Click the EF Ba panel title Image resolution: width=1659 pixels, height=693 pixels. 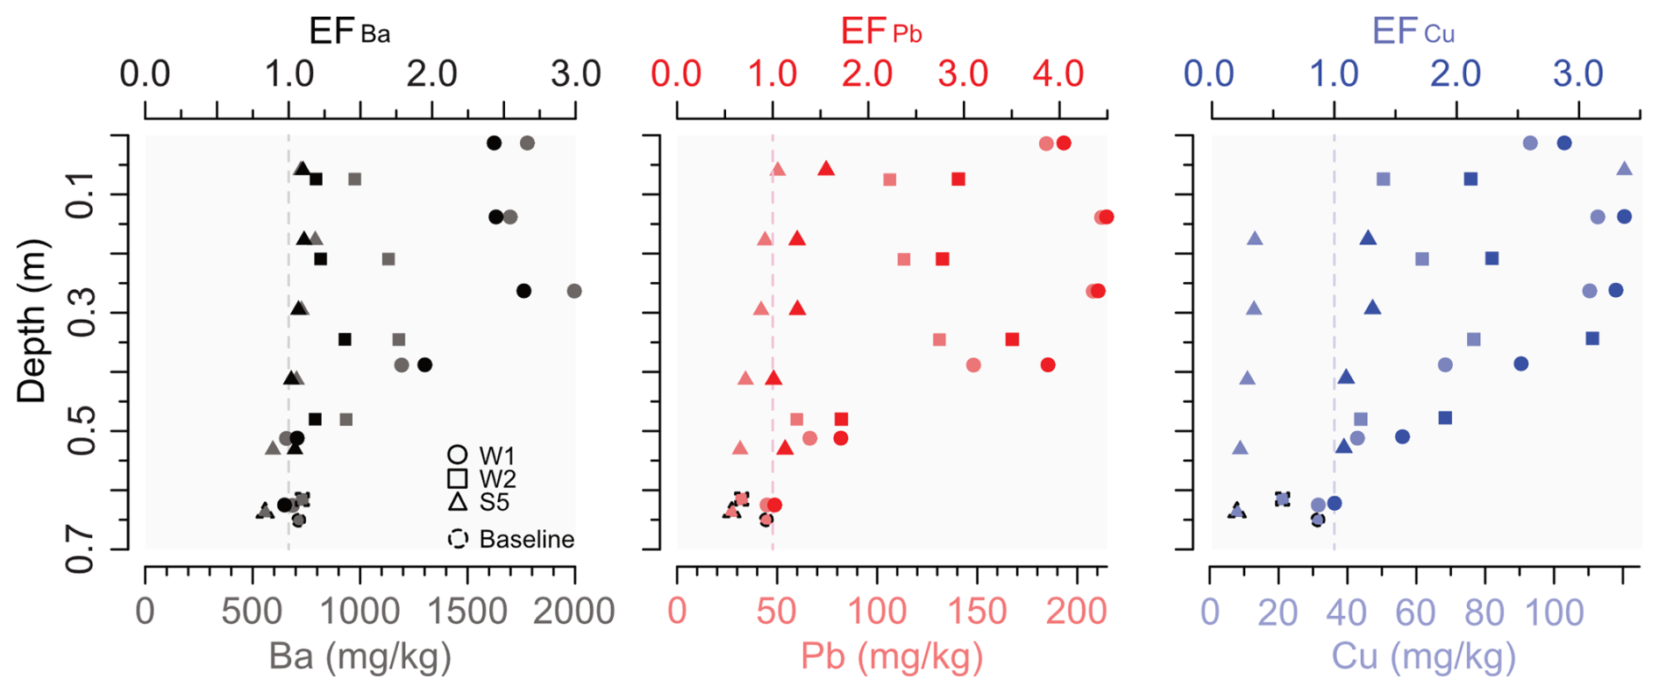[x=349, y=32]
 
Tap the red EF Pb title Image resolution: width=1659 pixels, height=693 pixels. [x=880, y=32]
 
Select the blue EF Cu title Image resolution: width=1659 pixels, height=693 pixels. [x=1412, y=32]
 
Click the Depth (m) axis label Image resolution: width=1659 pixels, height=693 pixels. [x=32, y=322]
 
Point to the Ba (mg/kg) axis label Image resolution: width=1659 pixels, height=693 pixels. [x=360, y=656]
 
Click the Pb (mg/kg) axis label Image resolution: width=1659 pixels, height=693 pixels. [x=892, y=656]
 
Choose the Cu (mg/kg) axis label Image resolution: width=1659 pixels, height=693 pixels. [x=1423, y=656]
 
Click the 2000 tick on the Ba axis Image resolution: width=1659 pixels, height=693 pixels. [x=573, y=611]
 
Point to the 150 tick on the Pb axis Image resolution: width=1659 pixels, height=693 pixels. [x=977, y=611]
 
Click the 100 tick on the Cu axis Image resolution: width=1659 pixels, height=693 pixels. [x=1554, y=612]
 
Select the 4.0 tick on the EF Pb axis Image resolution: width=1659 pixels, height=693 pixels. [x=1058, y=74]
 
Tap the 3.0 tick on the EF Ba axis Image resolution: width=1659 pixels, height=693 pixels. [x=575, y=74]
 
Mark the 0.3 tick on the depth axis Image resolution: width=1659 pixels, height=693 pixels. [x=81, y=313]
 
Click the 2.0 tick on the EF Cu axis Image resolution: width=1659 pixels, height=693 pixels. [x=1456, y=74]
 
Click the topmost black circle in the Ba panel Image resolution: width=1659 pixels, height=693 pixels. [x=495, y=143]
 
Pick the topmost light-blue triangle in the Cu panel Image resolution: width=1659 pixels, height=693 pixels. [x=1624, y=168]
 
